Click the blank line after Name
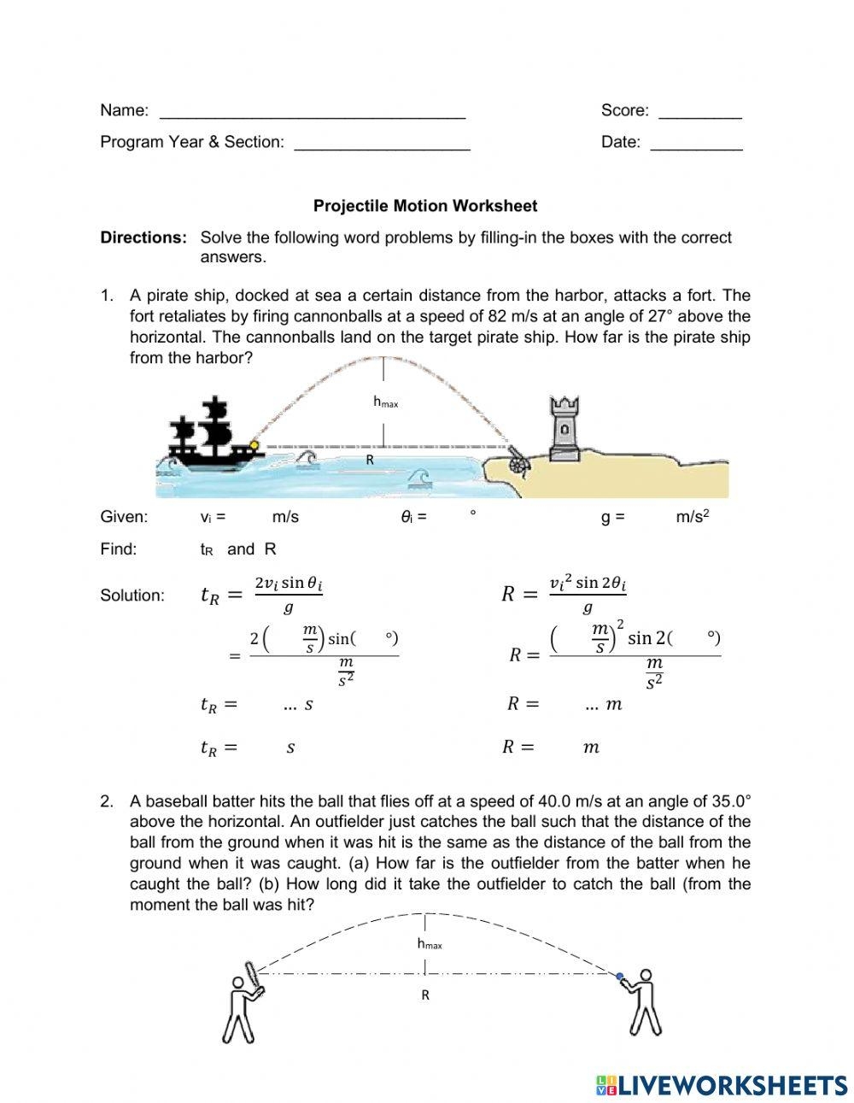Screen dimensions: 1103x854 click(313, 113)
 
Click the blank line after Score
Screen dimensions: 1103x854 click(700, 113)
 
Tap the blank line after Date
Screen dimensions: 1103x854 click(696, 144)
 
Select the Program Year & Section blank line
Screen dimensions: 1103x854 click(382, 144)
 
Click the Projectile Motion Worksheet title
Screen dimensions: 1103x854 click(425, 206)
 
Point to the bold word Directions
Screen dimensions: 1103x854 click(143, 238)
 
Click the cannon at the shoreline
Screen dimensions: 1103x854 click(518, 461)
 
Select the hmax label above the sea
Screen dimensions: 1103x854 click(385, 402)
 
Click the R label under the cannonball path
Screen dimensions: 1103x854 click(370, 460)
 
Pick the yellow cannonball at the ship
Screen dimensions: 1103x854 click(254, 444)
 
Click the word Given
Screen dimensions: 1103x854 click(124, 517)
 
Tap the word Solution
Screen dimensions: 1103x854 click(132, 596)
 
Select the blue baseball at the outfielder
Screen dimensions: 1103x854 click(620, 975)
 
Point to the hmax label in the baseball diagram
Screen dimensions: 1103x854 click(430, 944)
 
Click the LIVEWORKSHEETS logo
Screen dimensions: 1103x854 click(722, 1085)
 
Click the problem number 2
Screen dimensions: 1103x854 click(107, 801)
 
